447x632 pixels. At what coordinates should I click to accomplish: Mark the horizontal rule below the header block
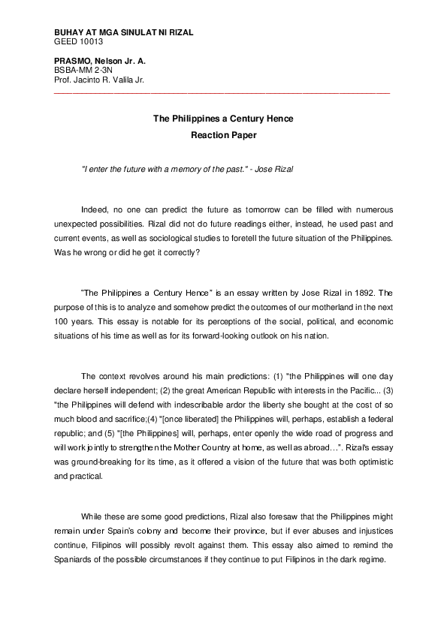point(222,92)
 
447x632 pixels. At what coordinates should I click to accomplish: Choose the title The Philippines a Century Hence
point(223,119)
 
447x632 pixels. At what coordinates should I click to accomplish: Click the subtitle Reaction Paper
point(223,136)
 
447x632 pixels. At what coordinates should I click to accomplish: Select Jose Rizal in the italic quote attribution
point(274,169)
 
